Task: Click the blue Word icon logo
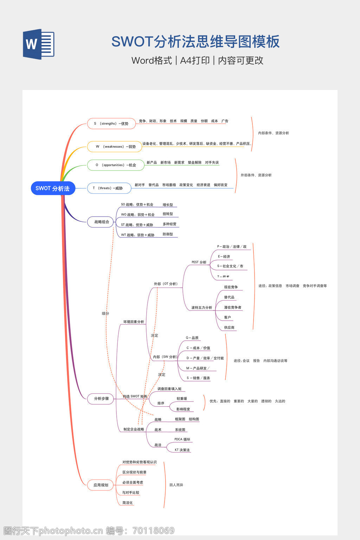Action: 39,44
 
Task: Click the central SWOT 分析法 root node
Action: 53,188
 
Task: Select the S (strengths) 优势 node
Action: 111,124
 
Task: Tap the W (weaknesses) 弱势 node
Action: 115,147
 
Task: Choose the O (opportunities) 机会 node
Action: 116,165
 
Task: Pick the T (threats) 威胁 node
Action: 109,188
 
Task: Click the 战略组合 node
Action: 102,222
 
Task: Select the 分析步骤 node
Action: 101,399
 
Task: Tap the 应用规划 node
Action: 101,485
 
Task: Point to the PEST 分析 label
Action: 199,262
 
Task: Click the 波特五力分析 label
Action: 202,308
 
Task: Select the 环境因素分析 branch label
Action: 134,322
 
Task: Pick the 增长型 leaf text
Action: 168,205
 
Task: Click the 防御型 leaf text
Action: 168,234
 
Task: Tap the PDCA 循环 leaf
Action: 182,439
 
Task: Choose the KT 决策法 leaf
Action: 182,450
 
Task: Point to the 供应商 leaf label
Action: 229,328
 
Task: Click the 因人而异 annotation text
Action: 176,485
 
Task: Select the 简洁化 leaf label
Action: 128,503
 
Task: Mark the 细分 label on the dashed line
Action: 105,313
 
